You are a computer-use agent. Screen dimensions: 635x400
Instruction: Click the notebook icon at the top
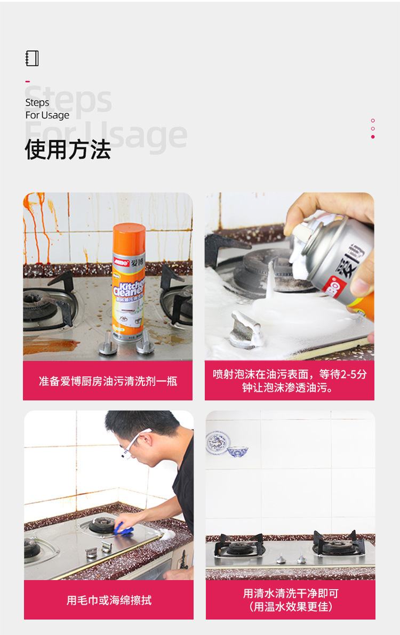point(32,58)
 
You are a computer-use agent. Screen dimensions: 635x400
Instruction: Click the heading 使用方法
point(68,150)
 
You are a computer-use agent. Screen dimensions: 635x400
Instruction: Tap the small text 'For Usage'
point(47,115)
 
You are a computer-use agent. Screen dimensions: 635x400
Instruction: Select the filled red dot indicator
point(373,137)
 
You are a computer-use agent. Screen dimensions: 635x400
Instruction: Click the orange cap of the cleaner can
point(129,237)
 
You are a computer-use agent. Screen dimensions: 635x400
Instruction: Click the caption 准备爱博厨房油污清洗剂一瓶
point(108,381)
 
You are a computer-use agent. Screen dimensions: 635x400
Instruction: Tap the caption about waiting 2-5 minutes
point(290,381)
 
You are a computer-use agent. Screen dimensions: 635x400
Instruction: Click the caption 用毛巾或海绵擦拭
point(109,600)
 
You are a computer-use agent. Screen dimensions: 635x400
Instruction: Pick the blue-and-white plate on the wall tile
point(218,443)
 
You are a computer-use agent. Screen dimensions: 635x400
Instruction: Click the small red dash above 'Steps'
point(28,82)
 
